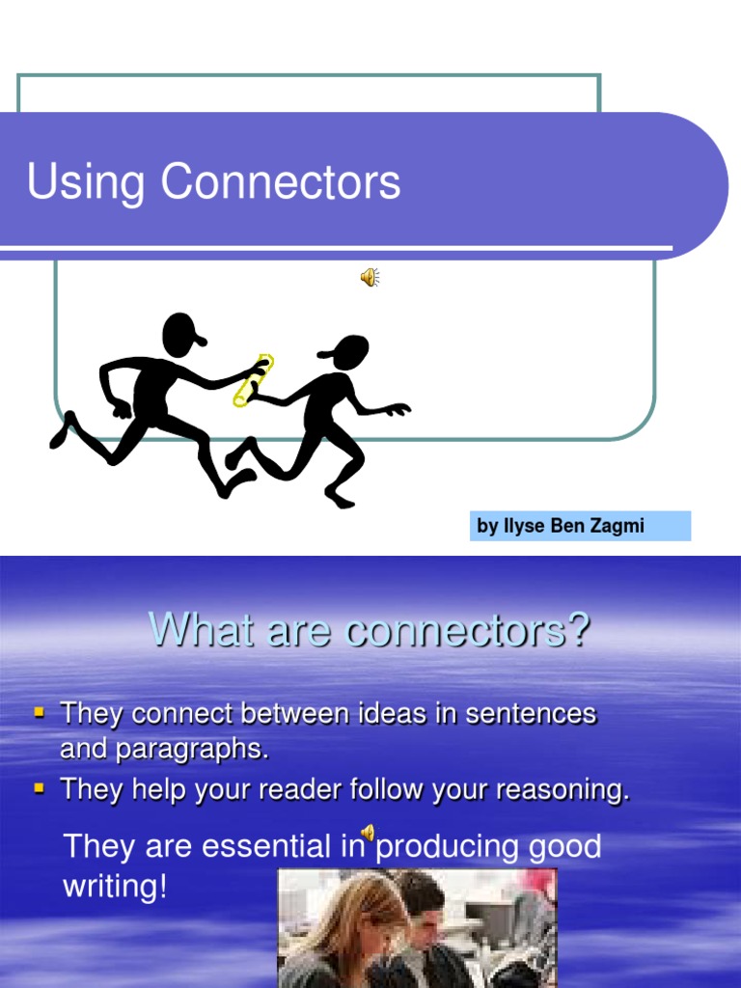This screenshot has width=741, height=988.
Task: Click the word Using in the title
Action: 86,181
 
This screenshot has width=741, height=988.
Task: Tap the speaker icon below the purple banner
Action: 370,279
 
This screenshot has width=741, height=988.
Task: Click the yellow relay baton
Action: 254,380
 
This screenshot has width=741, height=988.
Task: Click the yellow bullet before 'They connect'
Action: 40,713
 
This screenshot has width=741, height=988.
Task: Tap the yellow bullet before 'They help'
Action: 40,788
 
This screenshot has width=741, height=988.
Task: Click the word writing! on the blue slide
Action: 115,887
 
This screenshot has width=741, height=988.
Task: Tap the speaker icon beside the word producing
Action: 368,834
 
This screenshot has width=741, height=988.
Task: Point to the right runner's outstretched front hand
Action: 397,410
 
